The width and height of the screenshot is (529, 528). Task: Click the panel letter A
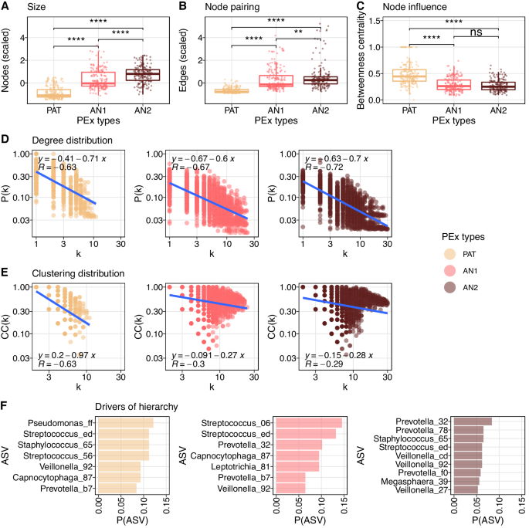point(6,6)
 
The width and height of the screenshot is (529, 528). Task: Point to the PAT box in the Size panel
point(55,93)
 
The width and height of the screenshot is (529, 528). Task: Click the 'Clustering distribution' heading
point(67,273)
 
